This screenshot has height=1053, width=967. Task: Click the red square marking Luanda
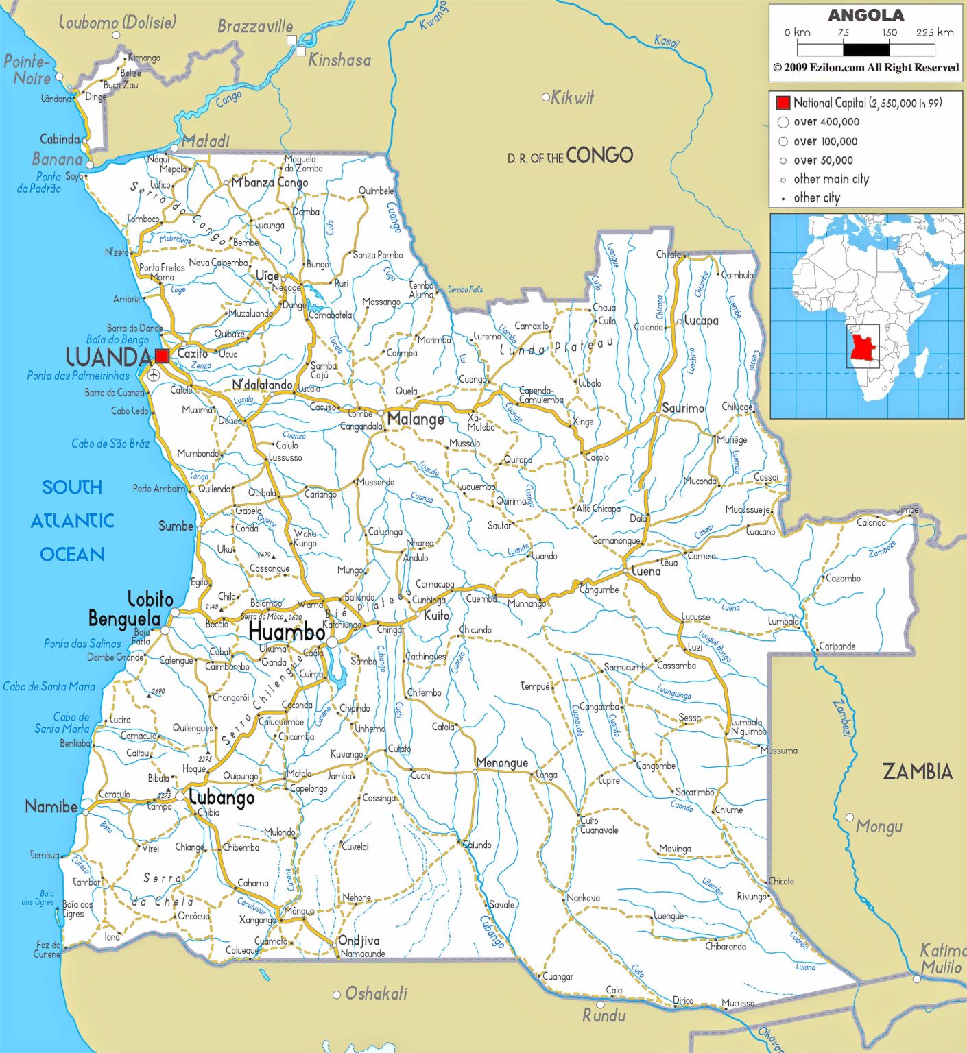click(162, 356)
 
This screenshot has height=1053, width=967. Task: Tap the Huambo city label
click(286, 632)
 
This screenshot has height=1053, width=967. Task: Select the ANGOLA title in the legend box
click(865, 15)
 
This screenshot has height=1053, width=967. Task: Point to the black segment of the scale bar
click(865, 49)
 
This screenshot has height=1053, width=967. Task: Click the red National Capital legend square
click(783, 103)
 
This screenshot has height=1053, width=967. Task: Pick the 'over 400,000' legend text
click(826, 122)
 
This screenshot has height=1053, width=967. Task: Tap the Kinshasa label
click(339, 60)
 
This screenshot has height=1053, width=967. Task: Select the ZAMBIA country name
click(917, 772)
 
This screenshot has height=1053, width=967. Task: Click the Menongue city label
click(502, 763)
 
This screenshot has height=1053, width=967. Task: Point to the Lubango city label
click(222, 798)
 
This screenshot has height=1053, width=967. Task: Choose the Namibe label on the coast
click(51, 806)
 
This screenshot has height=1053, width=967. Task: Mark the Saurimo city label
click(682, 408)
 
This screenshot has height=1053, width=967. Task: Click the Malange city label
click(416, 419)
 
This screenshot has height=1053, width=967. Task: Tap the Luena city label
click(646, 571)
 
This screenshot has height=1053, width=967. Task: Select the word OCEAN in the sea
click(72, 554)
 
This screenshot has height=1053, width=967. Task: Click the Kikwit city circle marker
click(546, 97)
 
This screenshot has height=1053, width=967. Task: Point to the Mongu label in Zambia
click(879, 827)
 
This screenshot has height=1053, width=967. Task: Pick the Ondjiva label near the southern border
click(359, 941)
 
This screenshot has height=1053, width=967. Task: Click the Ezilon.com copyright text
click(865, 67)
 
